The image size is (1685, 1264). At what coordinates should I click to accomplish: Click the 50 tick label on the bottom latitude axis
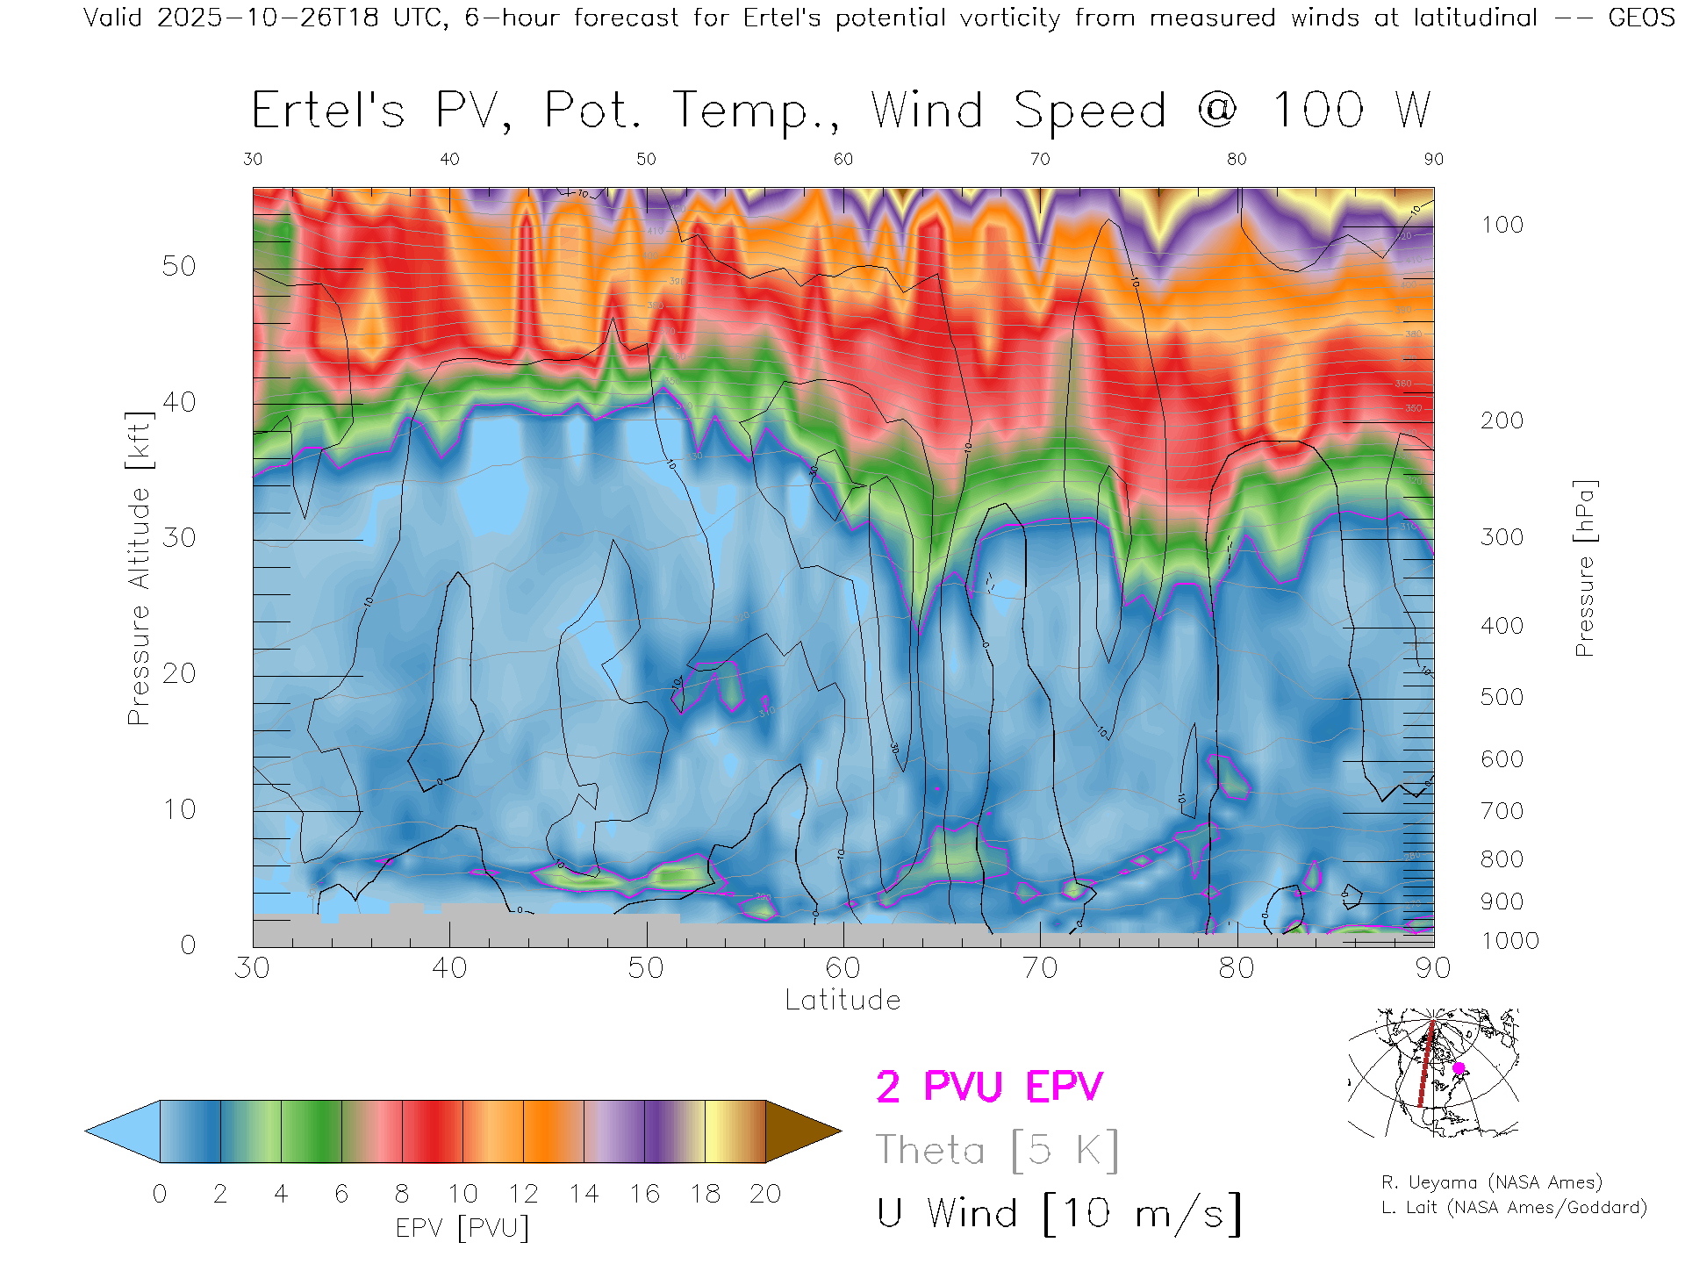[646, 967]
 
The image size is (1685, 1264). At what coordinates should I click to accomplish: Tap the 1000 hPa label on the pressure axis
[1509, 941]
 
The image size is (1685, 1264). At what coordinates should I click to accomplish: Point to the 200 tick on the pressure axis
[1502, 420]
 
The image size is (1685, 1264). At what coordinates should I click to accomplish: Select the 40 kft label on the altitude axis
[179, 402]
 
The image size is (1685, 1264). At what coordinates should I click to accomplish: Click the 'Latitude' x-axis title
[842, 1000]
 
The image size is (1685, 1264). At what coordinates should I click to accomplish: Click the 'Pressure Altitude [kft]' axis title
[139, 568]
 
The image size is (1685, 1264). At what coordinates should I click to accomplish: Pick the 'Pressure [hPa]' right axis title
[1584, 568]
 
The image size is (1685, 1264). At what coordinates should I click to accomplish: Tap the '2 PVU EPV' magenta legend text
[989, 1087]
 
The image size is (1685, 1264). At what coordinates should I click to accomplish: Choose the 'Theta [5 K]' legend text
[997, 1150]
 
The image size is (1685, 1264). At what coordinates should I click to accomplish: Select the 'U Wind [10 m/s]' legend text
[1058, 1213]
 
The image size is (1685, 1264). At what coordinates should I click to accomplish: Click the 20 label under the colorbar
[765, 1194]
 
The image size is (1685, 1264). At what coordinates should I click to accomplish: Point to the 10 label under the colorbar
[462, 1194]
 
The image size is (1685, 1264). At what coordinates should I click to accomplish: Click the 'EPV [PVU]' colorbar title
[462, 1227]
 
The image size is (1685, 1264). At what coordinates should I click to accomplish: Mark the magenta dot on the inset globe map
[1459, 1068]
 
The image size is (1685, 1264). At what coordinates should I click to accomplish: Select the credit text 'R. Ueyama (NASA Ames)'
[1492, 1182]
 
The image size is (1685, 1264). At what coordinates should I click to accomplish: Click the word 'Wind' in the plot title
[927, 111]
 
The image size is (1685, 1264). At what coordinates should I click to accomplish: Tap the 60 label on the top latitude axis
[842, 159]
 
